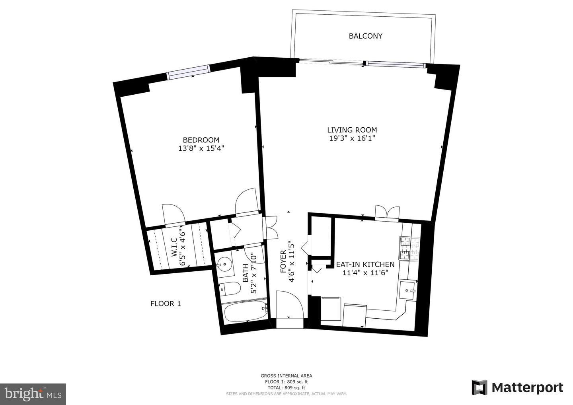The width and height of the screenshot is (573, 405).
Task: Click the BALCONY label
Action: (x=366, y=36)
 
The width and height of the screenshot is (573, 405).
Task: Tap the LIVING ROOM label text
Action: (x=352, y=130)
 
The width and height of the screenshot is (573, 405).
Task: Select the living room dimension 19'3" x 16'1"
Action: (x=352, y=138)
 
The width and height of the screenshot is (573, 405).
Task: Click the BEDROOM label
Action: (x=201, y=140)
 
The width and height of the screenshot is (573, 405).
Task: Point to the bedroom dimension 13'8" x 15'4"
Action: (x=201, y=148)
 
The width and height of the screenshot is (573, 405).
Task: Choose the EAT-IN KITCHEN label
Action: (x=365, y=265)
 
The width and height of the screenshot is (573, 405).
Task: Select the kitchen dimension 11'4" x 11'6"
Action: (x=365, y=273)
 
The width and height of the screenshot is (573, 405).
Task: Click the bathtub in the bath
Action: (x=245, y=312)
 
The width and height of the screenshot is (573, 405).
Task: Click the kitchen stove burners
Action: (x=409, y=249)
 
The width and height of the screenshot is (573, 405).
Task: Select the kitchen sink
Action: (x=407, y=291)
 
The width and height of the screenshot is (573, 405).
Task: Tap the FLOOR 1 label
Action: (x=166, y=304)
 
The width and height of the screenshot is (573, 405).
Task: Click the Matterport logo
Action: (x=517, y=387)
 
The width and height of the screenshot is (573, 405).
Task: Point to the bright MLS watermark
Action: (x=33, y=394)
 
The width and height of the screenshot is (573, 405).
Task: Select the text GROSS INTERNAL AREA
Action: (x=286, y=376)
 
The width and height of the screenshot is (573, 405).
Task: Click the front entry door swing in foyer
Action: (x=290, y=305)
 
